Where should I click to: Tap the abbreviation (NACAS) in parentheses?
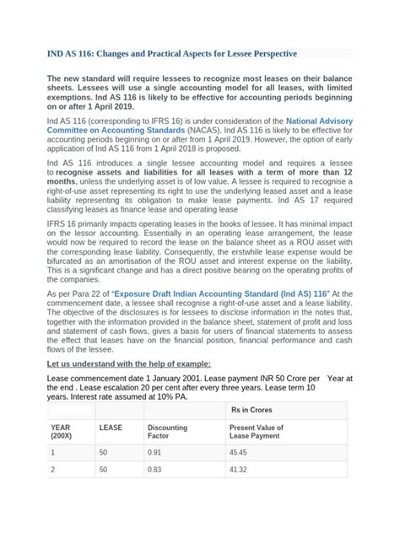coord(192,132)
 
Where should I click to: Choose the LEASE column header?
coord(111,428)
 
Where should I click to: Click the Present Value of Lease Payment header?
coord(257,433)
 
